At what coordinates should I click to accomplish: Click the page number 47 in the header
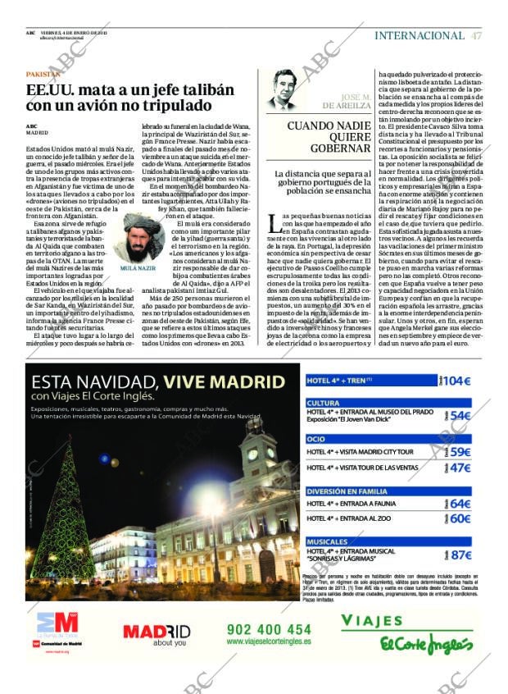point(477,35)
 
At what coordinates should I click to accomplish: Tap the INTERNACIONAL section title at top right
point(419,35)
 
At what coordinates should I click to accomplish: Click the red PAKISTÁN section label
point(43,74)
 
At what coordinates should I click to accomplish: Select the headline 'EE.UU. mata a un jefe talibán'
point(130,90)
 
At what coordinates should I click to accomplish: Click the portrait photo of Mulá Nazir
point(138,238)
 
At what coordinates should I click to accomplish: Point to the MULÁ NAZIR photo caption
point(138,267)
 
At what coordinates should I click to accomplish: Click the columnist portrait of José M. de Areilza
point(283,90)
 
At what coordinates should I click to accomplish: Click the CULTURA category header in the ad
point(323,403)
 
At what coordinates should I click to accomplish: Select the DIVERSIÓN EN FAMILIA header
point(347,491)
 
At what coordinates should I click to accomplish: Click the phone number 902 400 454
point(269,630)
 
